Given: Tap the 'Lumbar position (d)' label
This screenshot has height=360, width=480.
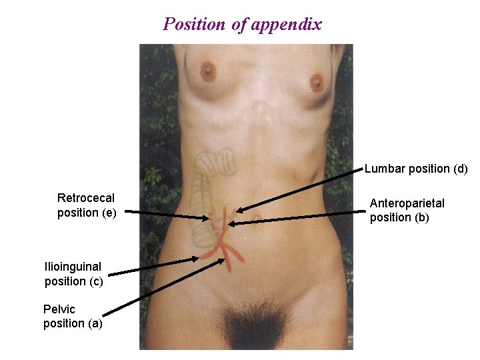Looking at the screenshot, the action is pos(416,169).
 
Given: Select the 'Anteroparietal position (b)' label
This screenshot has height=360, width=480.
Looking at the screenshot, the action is pos(407,210).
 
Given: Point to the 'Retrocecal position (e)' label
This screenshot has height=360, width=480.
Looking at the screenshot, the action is pos(87,205).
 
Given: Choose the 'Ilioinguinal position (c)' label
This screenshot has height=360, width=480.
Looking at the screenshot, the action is pos(73,274).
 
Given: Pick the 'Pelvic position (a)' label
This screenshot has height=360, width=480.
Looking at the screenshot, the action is pos(73,317).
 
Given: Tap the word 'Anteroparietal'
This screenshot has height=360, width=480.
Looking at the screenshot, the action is pos(407,203).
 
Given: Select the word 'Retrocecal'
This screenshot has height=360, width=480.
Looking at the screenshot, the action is pos(86,198).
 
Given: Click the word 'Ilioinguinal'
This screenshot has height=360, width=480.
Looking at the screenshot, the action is pos(73,267).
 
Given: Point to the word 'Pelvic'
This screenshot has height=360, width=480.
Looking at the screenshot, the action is pos(59,309).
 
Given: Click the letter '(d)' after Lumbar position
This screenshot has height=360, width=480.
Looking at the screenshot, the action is pos(461,169).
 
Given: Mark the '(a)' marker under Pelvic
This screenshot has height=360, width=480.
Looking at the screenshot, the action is pos(94,324).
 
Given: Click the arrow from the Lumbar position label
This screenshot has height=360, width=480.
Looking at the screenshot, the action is pos(300,191).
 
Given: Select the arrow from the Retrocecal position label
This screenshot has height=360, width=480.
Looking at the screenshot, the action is pos(167,215).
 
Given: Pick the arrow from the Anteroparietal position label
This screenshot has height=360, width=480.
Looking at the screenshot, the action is pos(300,218).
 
